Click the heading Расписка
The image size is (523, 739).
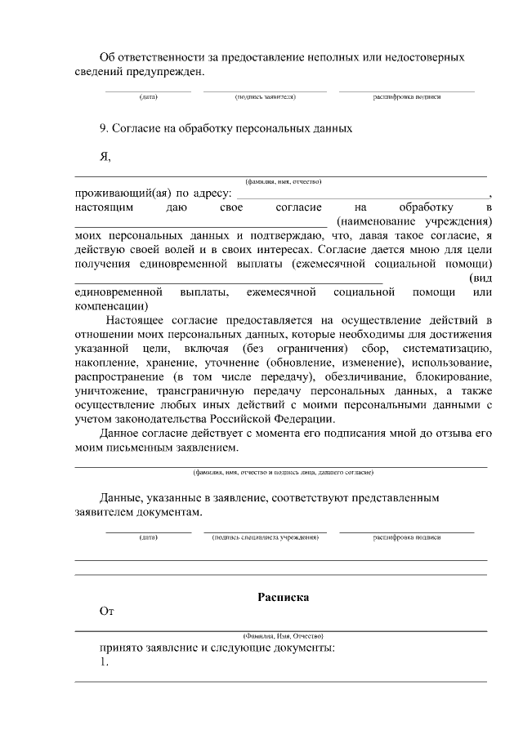(283, 597)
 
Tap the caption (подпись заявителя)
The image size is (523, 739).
(265, 96)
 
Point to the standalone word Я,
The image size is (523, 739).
(105, 158)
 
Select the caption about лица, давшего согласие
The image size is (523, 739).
(283, 472)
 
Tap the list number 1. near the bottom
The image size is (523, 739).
(104, 662)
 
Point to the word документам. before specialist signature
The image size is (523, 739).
(166, 511)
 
